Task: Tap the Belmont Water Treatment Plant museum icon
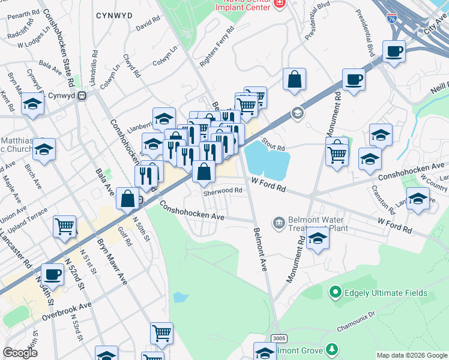[x=279, y=223]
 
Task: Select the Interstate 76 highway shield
[x=392, y=20]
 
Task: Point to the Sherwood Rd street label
[x=222, y=191]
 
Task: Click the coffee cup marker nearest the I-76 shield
[x=394, y=52]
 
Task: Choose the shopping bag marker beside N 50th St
[x=128, y=198]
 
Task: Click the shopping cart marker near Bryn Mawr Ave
[x=65, y=226]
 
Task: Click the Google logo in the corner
[x=20, y=352]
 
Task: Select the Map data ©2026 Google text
[x=412, y=355]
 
